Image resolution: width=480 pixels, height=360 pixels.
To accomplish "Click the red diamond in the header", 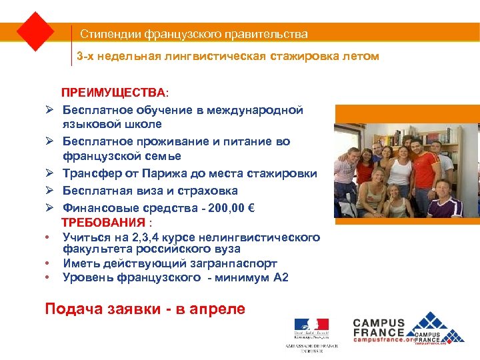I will (35, 31).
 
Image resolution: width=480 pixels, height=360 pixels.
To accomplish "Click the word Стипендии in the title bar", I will (105, 34).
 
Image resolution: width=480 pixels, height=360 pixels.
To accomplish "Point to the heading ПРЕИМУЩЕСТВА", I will (115, 91).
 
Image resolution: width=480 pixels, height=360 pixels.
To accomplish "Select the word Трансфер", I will (93, 173).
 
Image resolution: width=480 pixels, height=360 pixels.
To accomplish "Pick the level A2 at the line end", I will (281, 277).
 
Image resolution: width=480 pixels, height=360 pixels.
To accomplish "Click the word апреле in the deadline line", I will (213, 309).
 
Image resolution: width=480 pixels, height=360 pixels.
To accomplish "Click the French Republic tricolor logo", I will (311, 327).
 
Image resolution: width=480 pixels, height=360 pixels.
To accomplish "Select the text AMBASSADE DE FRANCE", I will (311, 347).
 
